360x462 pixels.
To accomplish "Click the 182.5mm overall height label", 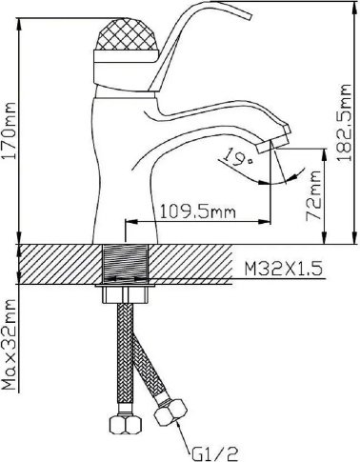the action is [344, 123].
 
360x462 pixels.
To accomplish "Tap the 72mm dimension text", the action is [312, 195].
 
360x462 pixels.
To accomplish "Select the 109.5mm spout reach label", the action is [197, 211].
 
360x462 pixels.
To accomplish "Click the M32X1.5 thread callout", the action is [283, 269].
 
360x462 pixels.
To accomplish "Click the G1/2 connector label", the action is [214, 453].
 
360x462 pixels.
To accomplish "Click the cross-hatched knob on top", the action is [126, 35].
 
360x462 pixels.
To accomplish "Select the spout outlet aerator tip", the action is [273, 144].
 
